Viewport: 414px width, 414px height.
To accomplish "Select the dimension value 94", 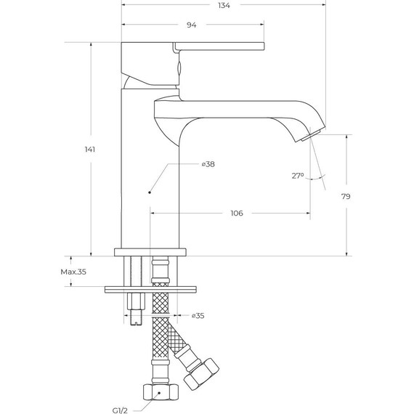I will coord(192,25).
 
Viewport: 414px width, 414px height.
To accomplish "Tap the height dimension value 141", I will coord(90,150).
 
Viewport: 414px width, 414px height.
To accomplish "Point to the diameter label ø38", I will coord(208,165).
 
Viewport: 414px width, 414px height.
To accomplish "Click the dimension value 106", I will coord(236,214).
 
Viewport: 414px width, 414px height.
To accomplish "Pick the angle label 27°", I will coord(297,176).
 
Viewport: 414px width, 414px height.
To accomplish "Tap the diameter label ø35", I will coord(197,316).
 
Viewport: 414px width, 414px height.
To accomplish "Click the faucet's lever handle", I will coord(218,48).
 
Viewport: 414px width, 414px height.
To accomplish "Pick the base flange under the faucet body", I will coord(150,253).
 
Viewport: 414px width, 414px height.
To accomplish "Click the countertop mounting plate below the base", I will coord(150,289).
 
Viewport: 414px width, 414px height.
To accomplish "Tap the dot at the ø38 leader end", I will coord(149,192).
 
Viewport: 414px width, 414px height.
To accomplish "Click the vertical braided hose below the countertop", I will coord(158,341).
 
